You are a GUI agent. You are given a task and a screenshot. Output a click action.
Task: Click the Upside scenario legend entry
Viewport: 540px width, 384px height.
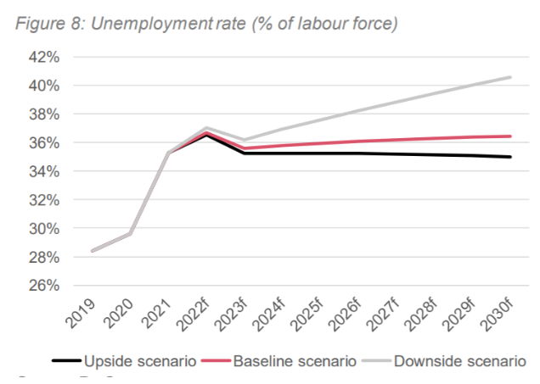140,361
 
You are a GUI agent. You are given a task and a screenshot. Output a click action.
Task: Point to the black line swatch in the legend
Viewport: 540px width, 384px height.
60,361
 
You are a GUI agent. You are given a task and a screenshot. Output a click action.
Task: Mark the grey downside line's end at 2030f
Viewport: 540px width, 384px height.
511,77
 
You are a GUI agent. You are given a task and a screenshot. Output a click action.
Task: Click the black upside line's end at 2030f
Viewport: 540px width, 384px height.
511,157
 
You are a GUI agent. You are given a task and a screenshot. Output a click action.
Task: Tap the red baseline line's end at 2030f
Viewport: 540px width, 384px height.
511,136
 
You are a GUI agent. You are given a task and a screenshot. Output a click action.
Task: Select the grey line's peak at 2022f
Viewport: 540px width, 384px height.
206,128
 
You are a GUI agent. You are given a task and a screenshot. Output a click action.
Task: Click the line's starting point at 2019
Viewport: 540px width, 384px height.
92,251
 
